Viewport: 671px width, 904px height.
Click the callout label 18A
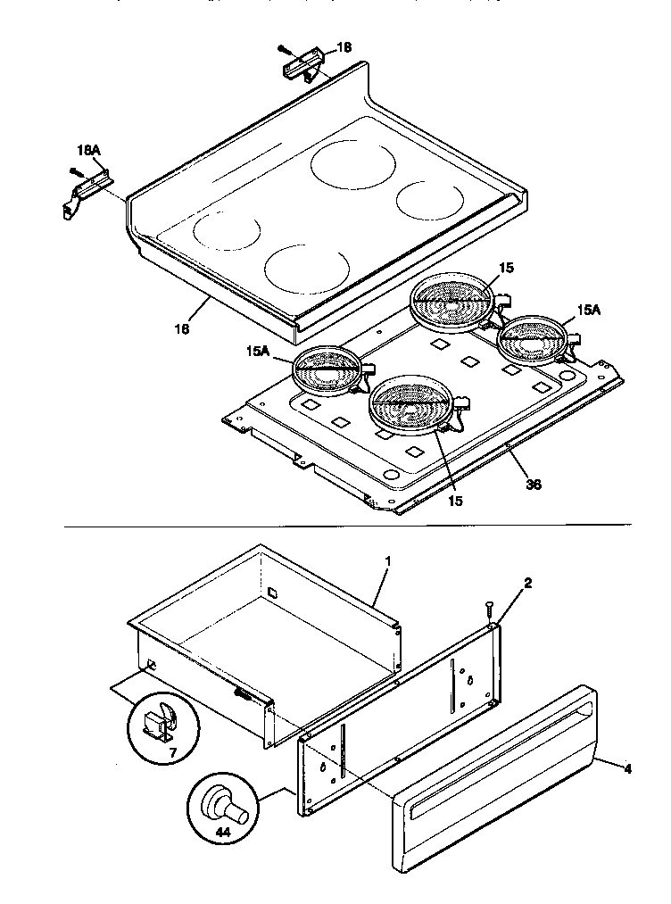87,153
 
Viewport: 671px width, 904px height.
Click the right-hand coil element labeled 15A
534,339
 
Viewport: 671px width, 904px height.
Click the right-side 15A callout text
587,310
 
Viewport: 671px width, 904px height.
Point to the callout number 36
533,485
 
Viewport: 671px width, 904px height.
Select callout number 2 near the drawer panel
528,584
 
